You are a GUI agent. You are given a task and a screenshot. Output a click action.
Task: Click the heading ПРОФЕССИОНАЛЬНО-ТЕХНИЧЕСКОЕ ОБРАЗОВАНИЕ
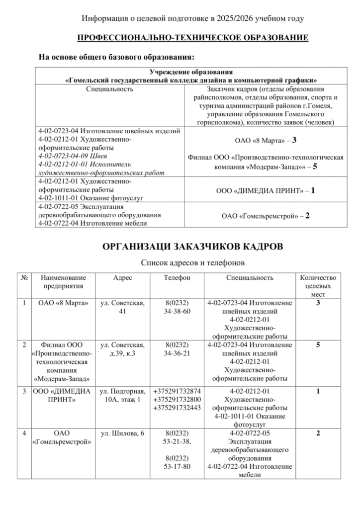tap(192, 38)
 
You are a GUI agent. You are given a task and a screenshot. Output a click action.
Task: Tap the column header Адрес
tap(123, 278)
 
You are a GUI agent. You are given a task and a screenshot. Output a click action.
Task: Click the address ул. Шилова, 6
tap(122, 434)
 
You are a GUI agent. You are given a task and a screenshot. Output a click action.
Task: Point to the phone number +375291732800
tap(177, 399)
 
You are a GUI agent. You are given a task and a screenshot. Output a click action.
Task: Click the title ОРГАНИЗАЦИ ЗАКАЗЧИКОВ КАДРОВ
tap(193, 247)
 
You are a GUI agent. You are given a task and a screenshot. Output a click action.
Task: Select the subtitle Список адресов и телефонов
tap(192, 262)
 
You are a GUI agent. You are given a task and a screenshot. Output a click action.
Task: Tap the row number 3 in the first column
tap(24, 391)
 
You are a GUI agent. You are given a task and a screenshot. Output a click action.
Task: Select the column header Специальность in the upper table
tap(110, 89)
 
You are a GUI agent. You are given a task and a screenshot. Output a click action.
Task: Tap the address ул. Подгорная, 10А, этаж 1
tap(123, 395)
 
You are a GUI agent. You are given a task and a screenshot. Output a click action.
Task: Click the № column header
tap(24, 278)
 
